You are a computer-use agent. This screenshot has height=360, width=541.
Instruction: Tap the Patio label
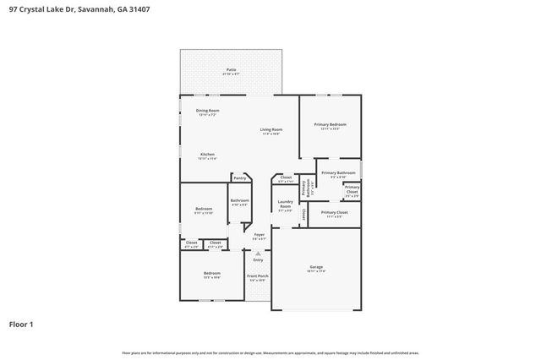tap(230, 71)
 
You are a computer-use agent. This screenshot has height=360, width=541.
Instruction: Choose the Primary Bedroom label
tap(330, 126)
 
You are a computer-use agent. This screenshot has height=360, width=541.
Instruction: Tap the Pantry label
tap(240, 178)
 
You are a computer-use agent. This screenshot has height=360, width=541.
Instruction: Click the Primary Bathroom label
tap(338, 174)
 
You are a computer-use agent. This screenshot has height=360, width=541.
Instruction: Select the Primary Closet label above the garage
tap(335, 214)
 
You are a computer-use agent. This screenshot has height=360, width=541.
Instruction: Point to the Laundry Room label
tap(285, 207)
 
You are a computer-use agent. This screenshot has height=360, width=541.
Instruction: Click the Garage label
tap(315, 268)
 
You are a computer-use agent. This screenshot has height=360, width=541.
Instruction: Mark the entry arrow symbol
tap(258, 252)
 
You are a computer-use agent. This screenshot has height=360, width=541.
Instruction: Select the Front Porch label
tap(257, 277)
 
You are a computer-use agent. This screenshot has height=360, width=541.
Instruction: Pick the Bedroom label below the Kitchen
tap(204, 210)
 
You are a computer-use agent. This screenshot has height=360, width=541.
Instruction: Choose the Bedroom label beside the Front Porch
tap(211, 274)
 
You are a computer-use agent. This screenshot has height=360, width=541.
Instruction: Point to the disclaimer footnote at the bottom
tap(270, 352)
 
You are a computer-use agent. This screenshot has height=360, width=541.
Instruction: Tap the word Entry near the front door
tap(258, 259)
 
